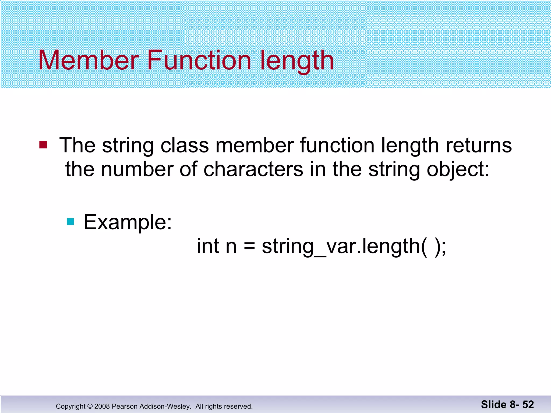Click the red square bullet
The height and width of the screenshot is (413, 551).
coord(43,145)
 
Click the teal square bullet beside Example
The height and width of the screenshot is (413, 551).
coord(70,222)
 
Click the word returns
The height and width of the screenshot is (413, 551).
coord(479,145)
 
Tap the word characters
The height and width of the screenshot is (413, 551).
coord(253,169)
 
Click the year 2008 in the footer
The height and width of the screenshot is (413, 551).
coord(102,406)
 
